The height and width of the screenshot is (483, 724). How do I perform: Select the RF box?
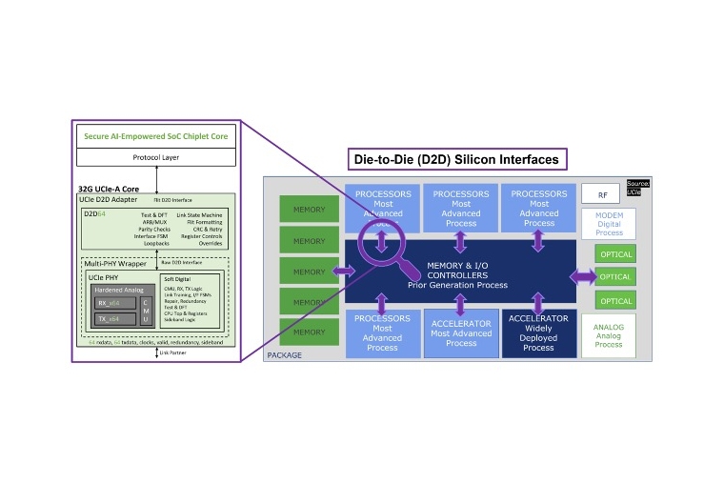602,194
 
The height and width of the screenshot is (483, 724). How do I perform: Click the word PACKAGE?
284,355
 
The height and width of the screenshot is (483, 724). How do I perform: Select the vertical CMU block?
146,311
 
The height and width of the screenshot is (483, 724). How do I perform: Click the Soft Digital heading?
177,278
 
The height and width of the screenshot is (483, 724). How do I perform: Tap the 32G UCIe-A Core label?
108,189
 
